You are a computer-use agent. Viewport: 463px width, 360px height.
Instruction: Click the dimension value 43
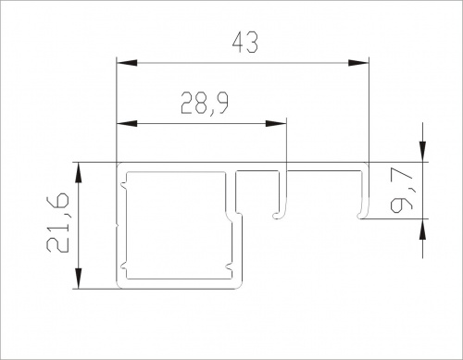point(245,43)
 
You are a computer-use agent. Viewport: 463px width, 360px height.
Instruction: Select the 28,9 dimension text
point(205,104)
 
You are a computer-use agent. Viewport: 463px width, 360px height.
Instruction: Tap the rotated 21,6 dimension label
point(57,223)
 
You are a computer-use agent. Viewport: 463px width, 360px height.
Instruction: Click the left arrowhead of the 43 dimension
point(127,63)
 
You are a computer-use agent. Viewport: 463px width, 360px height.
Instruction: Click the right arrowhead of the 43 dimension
point(358,63)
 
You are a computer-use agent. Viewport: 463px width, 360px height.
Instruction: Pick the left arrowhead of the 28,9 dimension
point(127,124)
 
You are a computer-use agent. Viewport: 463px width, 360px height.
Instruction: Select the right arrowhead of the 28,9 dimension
point(276,124)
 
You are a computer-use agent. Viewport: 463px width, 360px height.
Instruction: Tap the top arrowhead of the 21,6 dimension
point(79,173)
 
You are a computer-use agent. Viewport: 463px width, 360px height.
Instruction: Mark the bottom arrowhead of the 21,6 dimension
point(79,279)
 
